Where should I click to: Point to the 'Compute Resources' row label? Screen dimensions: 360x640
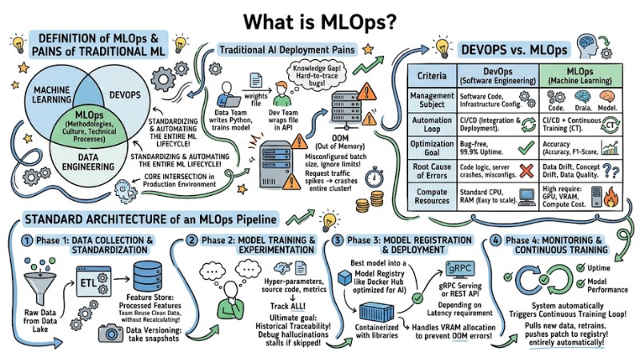(x=430, y=194)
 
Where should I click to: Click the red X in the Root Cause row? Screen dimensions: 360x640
(x=526, y=171)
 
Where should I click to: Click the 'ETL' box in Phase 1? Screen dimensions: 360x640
(x=86, y=281)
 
